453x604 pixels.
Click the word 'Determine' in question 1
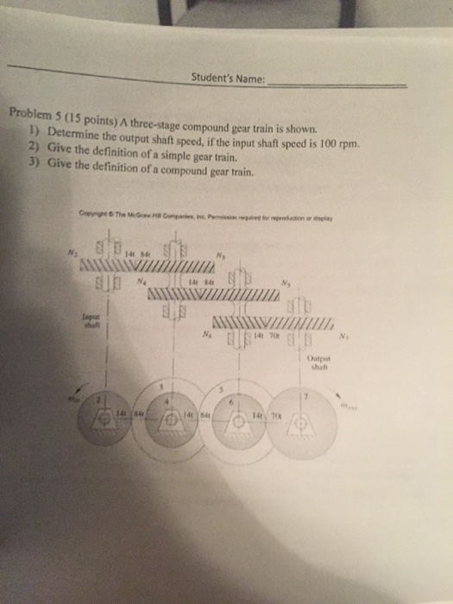coord(78,131)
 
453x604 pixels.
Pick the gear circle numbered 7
coord(301,421)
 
